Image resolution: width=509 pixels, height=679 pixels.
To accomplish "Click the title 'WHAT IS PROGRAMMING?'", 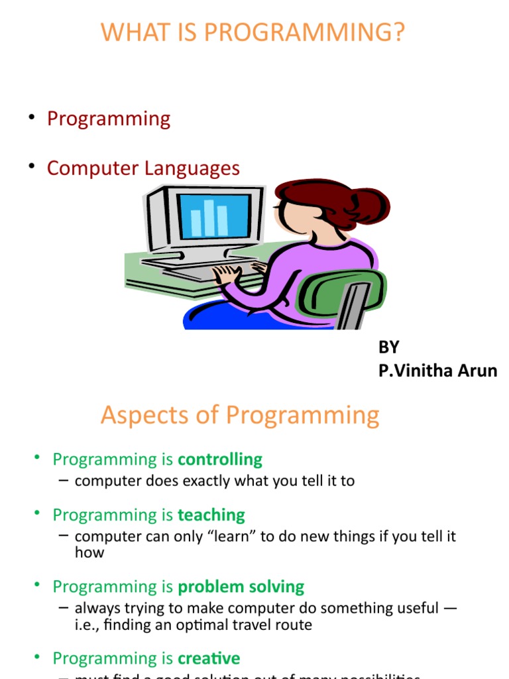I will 252,32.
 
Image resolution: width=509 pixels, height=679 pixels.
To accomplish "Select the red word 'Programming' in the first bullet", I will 109,119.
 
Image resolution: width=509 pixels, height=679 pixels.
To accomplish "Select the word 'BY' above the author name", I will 389,347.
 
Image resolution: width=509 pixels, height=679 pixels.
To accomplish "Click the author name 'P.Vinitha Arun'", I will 437,371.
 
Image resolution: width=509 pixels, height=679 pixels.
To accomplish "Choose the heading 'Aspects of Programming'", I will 240,416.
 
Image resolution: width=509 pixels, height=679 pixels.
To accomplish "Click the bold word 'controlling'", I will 220,460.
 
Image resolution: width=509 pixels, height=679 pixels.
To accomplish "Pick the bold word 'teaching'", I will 211,515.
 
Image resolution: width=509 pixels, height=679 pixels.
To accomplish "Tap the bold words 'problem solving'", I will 241,587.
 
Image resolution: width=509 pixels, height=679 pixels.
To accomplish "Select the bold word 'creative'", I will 209,658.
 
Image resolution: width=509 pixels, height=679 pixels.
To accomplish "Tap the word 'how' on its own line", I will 89,552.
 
